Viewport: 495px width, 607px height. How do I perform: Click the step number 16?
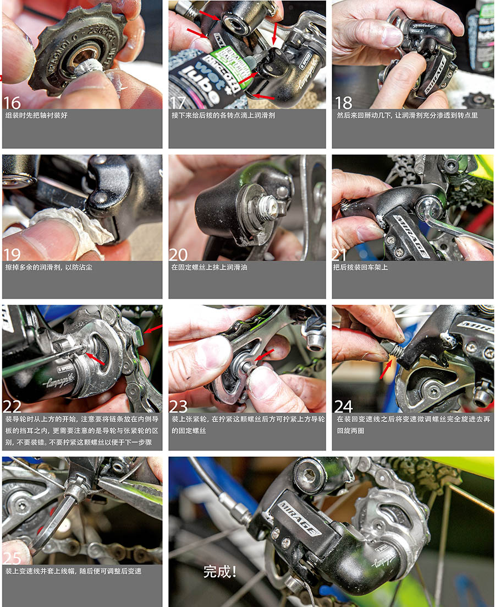pos(12,103)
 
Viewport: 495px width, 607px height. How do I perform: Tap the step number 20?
pos(179,254)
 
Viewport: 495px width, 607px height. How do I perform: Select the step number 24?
pos(344,407)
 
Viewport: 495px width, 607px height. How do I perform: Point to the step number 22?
pos(12,407)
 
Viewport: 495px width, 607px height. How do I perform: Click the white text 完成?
pos(220,572)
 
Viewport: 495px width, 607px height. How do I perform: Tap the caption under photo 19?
pos(49,267)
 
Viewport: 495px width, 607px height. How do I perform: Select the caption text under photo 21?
pos(361,267)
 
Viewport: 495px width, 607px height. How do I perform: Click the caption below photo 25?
pos(73,571)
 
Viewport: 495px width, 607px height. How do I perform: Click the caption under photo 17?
pos(223,115)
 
